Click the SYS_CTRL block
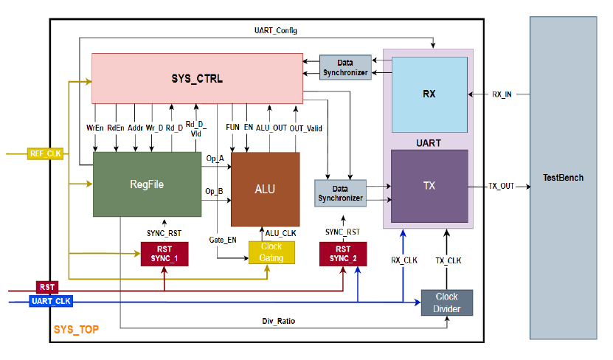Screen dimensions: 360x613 (x=196, y=77)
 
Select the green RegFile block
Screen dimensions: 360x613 (x=147, y=184)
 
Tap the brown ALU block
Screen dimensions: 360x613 (x=265, y=189)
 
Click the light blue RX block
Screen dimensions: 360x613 (x=429, y=94)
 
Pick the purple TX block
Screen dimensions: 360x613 (x=429, y=186)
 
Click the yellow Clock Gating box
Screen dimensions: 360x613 (x=271, y=252)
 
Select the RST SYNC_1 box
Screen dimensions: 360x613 (x=164, y=253)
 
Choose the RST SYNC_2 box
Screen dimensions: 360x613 (x=342, y=253)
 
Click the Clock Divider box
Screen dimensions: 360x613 (x=446, y=302)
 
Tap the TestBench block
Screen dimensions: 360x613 (x=563, y=178)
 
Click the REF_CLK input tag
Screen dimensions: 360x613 (x=46, y=153)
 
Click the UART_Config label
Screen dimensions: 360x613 (x=274, y=30)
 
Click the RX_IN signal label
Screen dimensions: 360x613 (x=502, y=94)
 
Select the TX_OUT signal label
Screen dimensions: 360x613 (x=502, y=186)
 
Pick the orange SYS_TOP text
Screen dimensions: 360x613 (x=77, y=328)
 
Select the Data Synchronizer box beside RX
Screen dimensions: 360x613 (x=345, y=69)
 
